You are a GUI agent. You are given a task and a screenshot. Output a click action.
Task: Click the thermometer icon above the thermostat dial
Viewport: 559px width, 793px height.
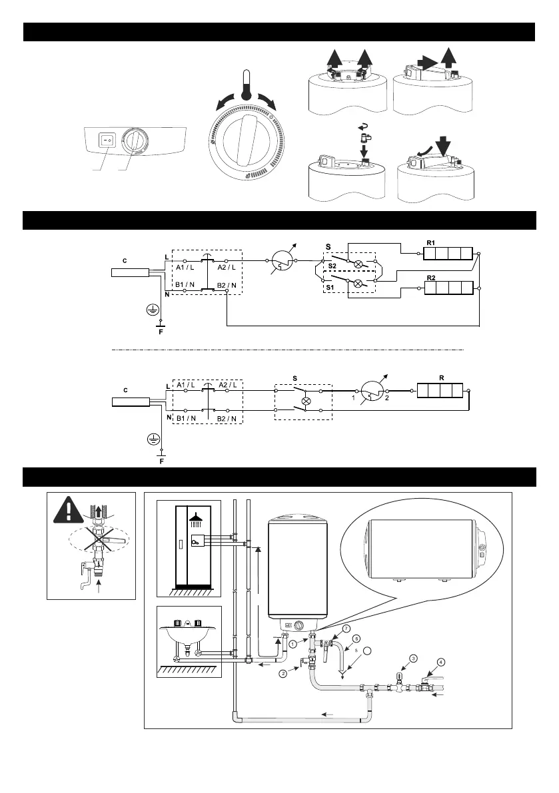(x=246, y=83)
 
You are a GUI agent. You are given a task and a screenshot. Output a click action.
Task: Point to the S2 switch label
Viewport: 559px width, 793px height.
(x=331, y=264)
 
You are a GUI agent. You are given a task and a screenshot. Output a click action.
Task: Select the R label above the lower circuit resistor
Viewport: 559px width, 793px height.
(x=442, y=377)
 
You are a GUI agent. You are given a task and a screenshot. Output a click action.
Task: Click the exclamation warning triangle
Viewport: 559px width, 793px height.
(x=69, y=507)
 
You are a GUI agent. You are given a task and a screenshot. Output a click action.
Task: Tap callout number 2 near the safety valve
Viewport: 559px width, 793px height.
(x=284, y=674)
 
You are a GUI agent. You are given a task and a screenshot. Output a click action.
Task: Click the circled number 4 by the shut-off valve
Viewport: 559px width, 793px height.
(x=441, y=662)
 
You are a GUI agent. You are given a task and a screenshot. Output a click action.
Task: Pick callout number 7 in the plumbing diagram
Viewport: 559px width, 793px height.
(x=346, y=629)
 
